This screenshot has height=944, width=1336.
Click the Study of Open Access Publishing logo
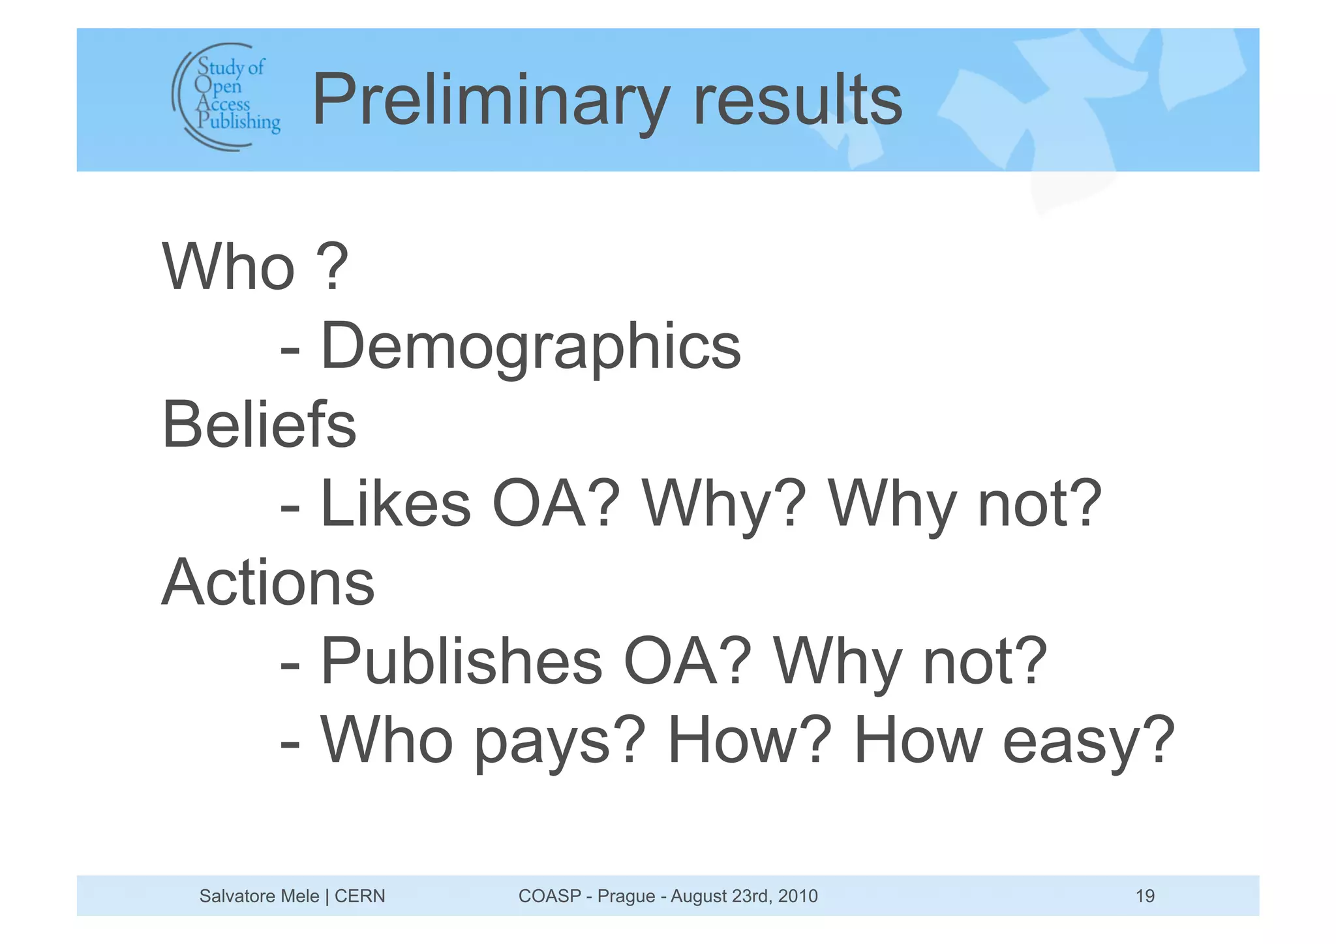point(226,97)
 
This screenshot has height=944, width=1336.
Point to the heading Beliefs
point(259,425)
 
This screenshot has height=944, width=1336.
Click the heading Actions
point(267,582)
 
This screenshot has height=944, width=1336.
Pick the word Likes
point(395,504)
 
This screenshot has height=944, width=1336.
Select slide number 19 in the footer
point(1145,896)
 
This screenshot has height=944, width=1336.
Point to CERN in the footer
point(359,896)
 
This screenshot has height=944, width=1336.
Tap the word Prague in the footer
point(626,896)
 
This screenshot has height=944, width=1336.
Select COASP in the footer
point(549,896)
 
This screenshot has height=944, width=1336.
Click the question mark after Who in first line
point(333,267)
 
